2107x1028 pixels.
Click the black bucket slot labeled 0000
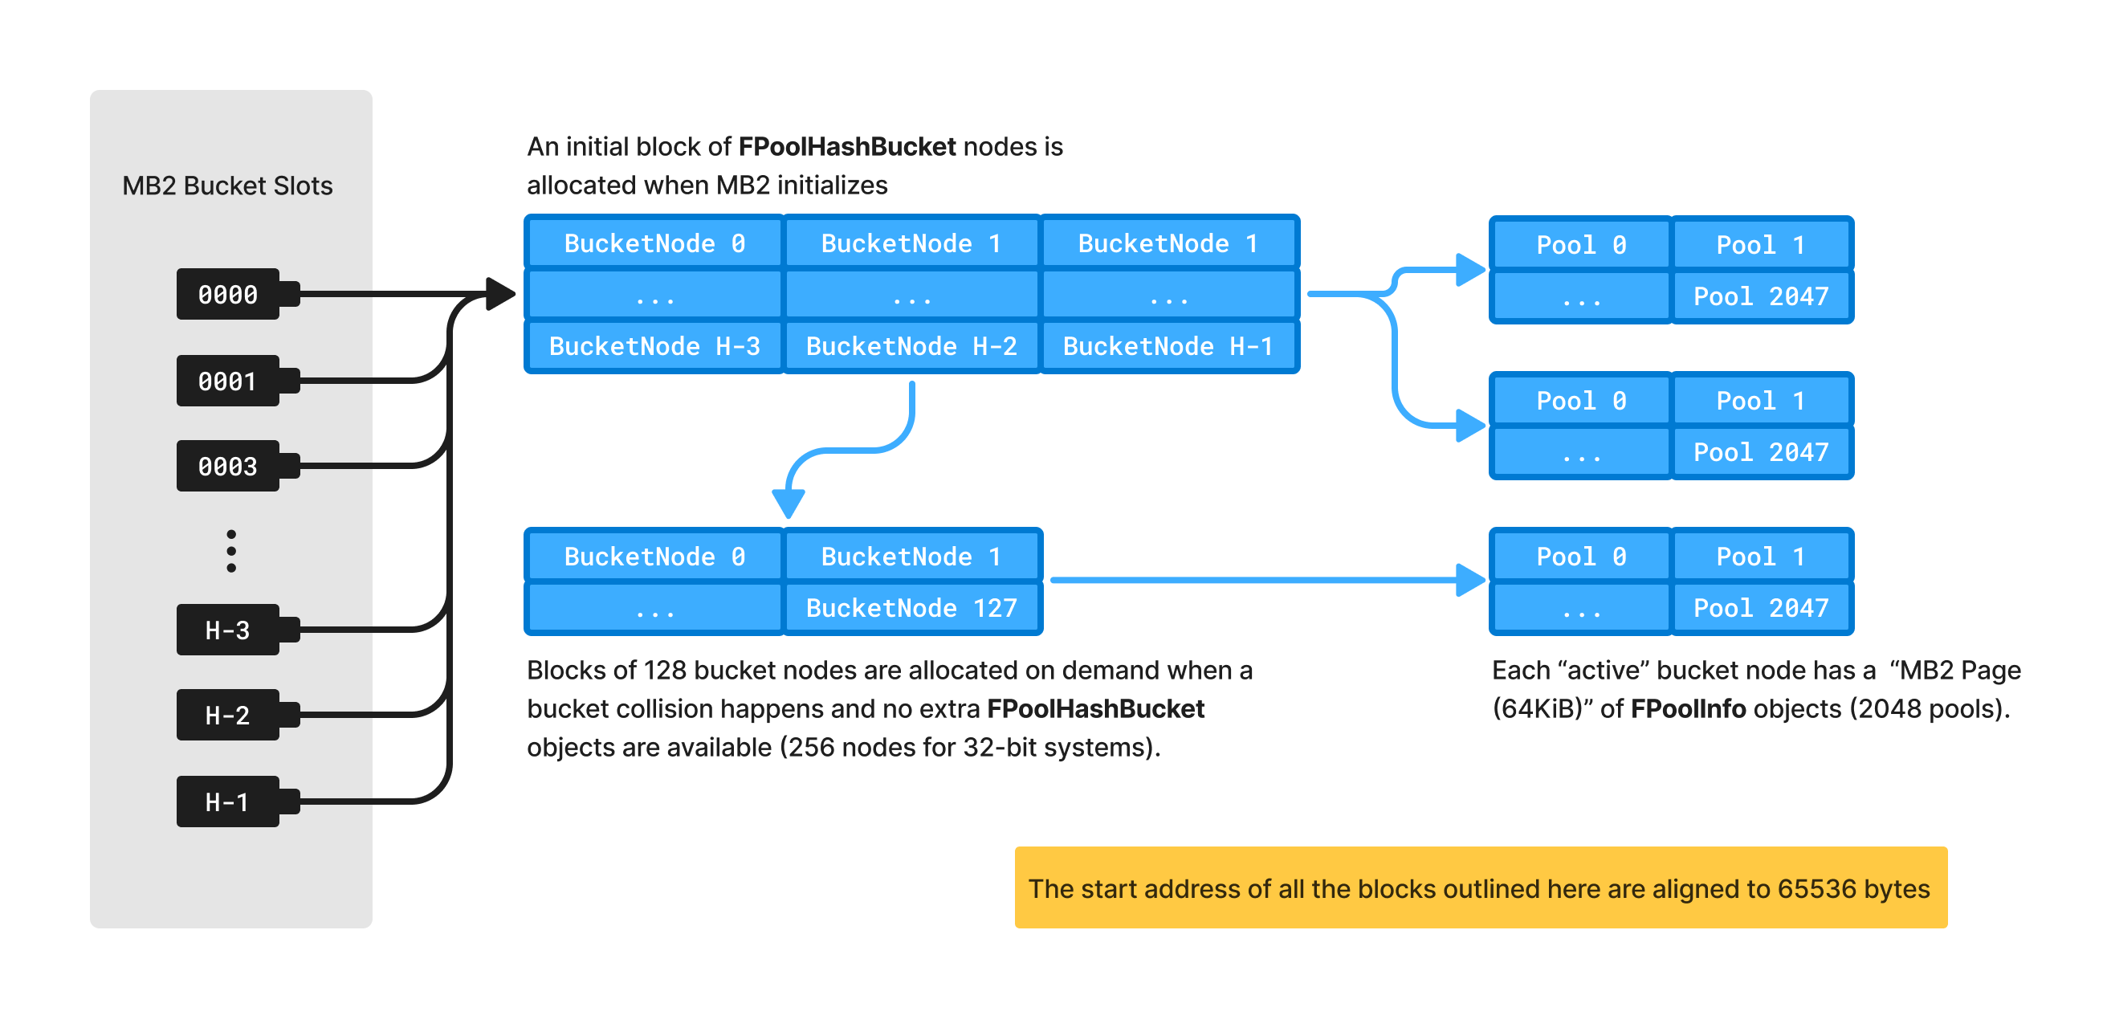[x=228, y=294]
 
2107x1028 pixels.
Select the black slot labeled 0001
[x=228, y=381]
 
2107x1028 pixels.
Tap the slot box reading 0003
[x=228, y=465]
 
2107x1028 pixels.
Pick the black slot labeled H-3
[x=228, y=629]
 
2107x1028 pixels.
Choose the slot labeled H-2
[x=228, y=715]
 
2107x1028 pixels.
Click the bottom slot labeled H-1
[x=228, y=801]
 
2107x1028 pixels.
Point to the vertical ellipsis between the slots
[x=231, y=550]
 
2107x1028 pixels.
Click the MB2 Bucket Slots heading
[x=227, y=186]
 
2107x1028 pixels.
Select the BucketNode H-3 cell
[x=654, y=346]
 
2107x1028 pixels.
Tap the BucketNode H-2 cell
[x=911, y=346]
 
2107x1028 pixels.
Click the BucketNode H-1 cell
[x=1168, y=346]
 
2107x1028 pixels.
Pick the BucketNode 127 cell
[x=911, y=608]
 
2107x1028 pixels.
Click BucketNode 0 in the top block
[x=654, y=243]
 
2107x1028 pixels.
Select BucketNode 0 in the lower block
[x=654, y=556]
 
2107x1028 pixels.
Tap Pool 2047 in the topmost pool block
[x=1760, y=296]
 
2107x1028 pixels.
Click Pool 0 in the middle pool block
[x=1580, y=401]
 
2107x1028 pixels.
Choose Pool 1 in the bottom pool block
[x=1760, y=556]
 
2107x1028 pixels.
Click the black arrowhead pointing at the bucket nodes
[x=499, y=294]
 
